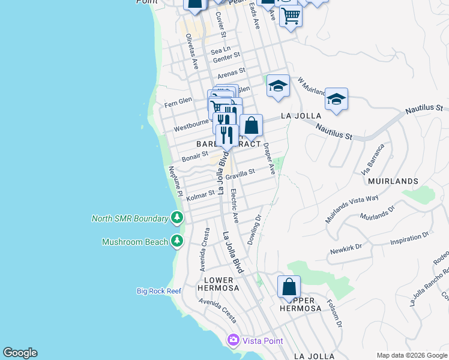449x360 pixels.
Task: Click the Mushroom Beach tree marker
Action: click(x=177, y=241)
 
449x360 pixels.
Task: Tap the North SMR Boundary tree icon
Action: click(x=177, y=218)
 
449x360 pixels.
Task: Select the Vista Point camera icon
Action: click(x=233, y=340)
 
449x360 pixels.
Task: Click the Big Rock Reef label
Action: click(x=158, y=291)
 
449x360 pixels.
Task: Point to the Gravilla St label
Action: click(x=240, y=173)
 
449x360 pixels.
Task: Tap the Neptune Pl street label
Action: click(x=175, y=181)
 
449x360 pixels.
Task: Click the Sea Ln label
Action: click(x=220, y=50)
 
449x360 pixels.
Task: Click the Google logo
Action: click(x=20, y=353)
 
